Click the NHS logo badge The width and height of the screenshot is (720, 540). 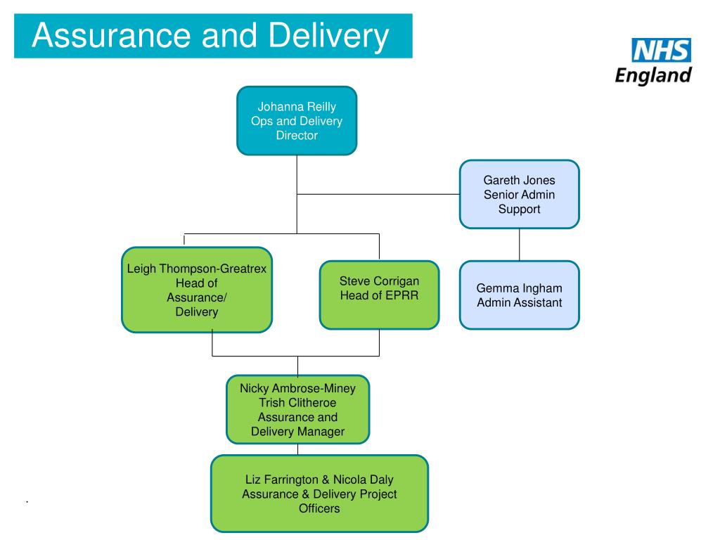(x=662, y=51)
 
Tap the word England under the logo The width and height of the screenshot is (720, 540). (x=653, y=75)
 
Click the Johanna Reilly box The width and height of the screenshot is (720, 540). (x=297, y=120)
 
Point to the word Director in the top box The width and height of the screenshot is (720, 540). (x=297, y=136)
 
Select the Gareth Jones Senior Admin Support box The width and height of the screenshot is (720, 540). (x=520, y=194)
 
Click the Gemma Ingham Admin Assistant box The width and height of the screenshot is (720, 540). (x=520, y=295)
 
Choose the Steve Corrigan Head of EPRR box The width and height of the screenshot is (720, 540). (x=379, y=295)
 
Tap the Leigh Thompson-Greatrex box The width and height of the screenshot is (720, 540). (x=197, y=290)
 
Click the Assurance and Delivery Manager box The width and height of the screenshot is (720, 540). (x=297, y=410)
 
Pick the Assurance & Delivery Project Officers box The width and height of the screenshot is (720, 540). (x=319, y=494)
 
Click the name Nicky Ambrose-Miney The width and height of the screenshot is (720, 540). (x=297, y=388)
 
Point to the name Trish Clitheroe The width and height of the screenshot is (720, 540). (x=297, y=403)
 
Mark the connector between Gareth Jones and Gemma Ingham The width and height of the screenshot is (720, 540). (x=520, y=245)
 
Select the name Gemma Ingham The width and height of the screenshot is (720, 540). (x=520, y=288)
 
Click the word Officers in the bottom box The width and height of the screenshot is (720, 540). (x=319, y=508)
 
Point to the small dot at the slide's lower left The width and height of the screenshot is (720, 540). (x=26, y=502)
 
